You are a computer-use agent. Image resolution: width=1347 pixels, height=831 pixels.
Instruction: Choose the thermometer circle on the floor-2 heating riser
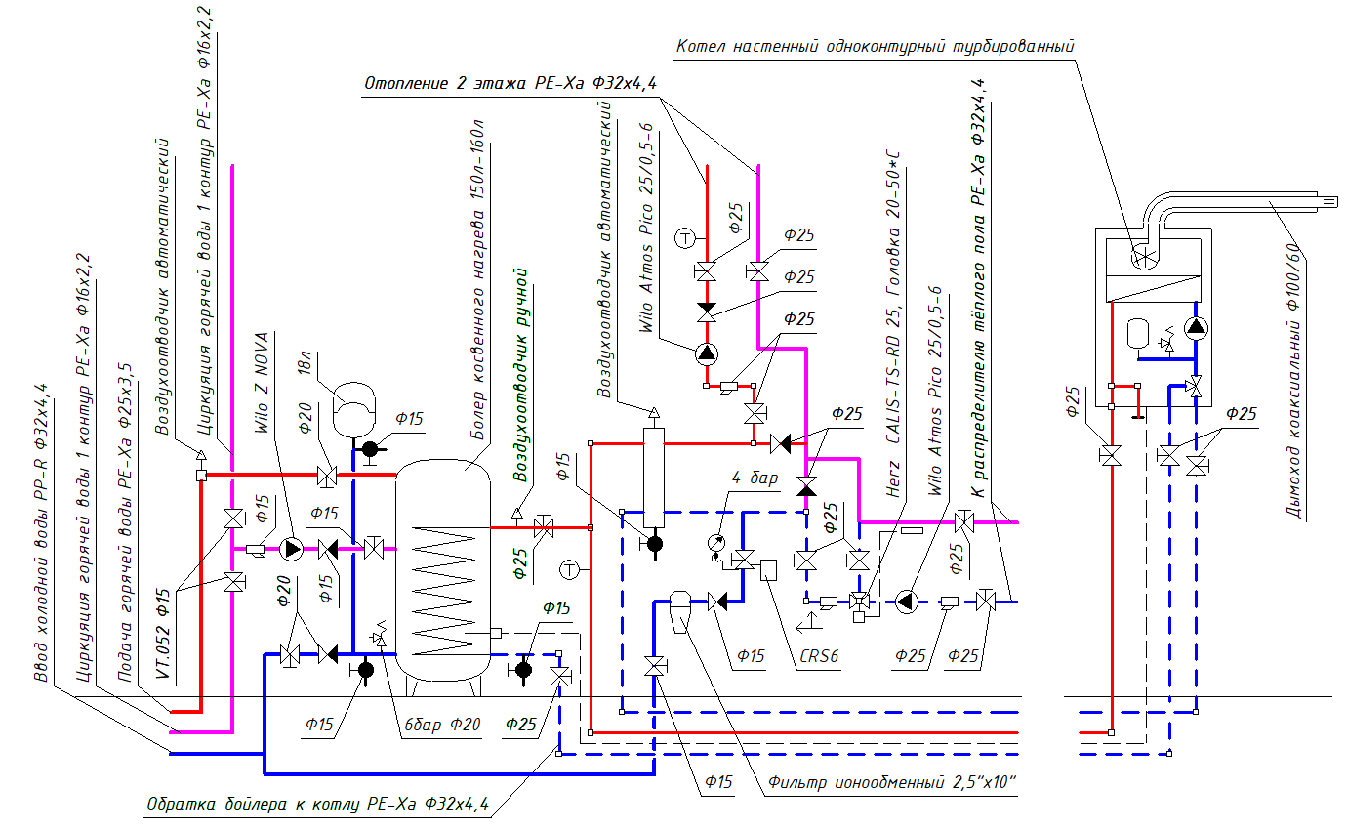click(x=686, y=236)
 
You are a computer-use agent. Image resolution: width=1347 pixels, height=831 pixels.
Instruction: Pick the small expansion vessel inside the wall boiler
click(x=1137, y=332)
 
